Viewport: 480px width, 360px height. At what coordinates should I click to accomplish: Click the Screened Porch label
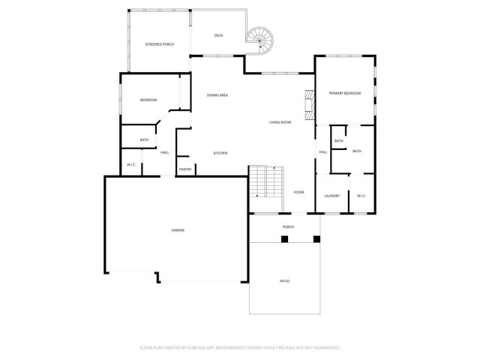[159, 45]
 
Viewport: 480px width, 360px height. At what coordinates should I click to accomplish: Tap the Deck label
[218, 35]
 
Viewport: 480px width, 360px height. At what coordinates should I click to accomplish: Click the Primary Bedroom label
[345, 93]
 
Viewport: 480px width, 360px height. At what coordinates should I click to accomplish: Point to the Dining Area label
[217, 95]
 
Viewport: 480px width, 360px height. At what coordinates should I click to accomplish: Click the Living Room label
[280, 122]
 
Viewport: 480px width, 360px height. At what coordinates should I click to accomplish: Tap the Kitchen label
[220, 153]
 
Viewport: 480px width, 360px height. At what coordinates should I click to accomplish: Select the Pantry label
[185, 169]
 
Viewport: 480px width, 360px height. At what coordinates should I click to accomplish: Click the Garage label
[178, 230]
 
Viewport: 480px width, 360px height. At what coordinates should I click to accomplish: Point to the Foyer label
[298, 193]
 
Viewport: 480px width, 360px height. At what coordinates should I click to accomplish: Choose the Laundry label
[331, 196]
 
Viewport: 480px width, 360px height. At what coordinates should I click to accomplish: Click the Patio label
[285, 281]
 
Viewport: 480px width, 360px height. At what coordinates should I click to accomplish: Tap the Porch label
[288, 226]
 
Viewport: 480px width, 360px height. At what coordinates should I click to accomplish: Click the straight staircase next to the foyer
[266, 181]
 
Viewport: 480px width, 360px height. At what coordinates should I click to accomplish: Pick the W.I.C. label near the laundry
[361, 196]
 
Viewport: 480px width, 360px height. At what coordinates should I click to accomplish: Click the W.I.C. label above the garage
[130, 164]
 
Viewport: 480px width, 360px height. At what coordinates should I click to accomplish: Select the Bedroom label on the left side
[148, 100]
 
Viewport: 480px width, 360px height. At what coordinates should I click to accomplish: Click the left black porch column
[284, 239]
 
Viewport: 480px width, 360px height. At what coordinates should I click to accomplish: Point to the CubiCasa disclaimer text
[240, 348]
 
